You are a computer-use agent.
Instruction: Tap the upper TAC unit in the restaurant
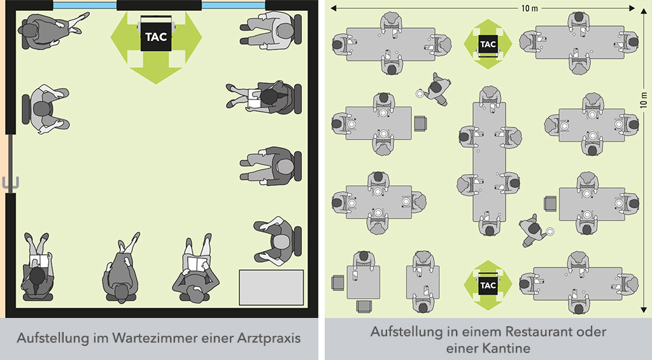[x=488, y=44]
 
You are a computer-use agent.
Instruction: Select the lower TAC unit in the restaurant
[x=488, y=285]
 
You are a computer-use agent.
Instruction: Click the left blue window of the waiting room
[x=85, y=6]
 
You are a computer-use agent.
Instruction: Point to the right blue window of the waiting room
[x=233, y=6]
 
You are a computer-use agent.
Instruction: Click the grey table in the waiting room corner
[x=271, y=287]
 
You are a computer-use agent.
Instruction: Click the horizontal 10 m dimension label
[x=529, y=8]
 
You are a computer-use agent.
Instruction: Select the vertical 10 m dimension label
[x=644, y=100]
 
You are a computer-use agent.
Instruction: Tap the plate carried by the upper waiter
[x=420, y=94]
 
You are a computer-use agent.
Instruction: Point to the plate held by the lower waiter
[x=550, y=231]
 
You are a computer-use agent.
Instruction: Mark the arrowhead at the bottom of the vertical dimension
[x=644, y=310]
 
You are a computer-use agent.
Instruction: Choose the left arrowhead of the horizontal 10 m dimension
[x=334, y=8]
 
